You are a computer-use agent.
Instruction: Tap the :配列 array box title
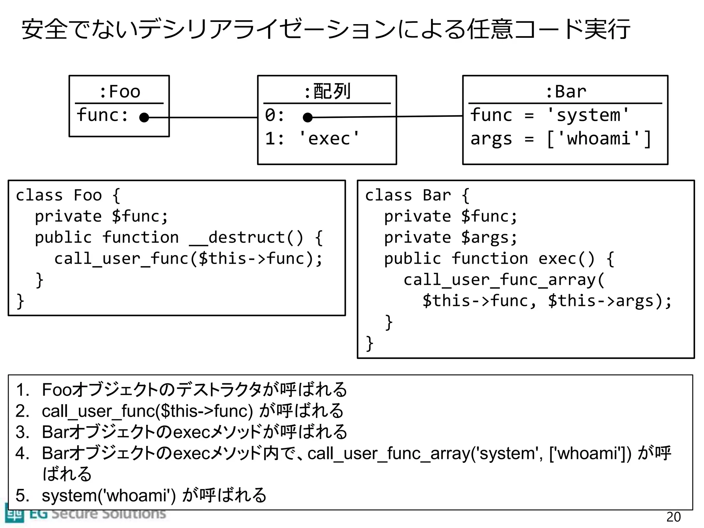click(x=327, y=92)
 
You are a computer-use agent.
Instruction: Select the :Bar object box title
click(x=565, y=92)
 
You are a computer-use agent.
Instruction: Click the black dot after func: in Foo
click(x=144, y=118)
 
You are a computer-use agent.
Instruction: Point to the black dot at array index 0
click(x=308, y=118)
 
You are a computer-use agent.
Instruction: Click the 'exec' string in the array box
click(x=329, y=139)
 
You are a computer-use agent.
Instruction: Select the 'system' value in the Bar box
click(x=588, y=115)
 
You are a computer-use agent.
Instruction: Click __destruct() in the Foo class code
click(x=246, y=238)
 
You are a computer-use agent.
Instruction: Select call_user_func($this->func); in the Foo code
click(x=188, y=259)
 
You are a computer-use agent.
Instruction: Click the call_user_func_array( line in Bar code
click(x=504, y=280)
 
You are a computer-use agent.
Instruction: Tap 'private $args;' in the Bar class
click(x=450, y=238)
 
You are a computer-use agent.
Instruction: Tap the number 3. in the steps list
click(x=22, y=432)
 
